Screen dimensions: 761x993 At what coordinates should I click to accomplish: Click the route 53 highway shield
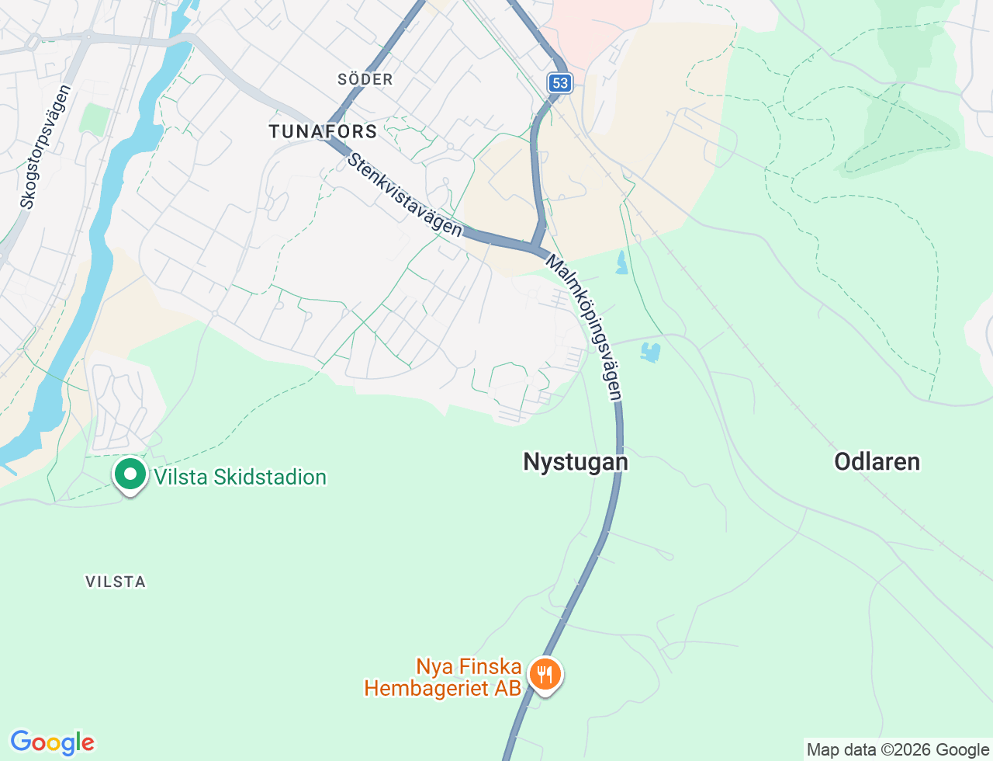(560, 83)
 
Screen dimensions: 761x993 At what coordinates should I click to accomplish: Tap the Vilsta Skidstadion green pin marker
(130, 474)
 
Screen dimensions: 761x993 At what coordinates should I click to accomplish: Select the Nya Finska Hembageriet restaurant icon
(545, 674)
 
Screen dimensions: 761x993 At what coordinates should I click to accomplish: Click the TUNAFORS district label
(323, 131)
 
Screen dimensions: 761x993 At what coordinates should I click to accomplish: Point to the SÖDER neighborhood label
(365, 79)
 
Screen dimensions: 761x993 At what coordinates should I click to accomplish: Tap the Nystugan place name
(576, 462)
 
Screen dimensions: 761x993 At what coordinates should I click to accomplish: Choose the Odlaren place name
(877, 462)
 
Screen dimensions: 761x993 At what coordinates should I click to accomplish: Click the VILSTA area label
(116, 582)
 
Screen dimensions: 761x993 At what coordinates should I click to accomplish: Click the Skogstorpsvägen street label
(47, 147)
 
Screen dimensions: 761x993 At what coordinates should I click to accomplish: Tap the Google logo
(52, 742)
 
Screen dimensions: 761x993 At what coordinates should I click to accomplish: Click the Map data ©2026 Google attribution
(898, 750)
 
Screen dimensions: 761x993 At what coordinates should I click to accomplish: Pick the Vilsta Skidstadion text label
(240, 477)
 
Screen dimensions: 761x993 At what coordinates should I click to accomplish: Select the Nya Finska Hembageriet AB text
(444, 677)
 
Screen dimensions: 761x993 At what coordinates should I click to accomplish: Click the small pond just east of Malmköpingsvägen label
(650, 353)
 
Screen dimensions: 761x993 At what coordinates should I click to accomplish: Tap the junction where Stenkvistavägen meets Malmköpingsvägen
(536, 248)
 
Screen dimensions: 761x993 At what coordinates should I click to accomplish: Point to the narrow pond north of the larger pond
(621, 262)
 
